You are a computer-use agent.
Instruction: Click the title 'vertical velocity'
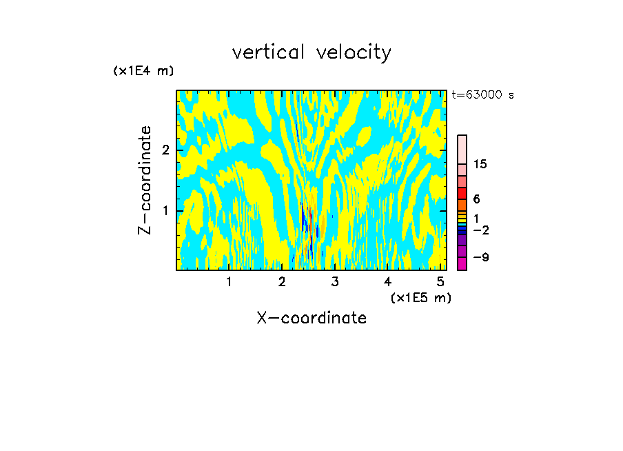(x=311, y=52)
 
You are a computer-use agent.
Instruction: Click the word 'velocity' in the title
(x=351, y=52)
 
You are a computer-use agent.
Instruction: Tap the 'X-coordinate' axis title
(x=311, y=318)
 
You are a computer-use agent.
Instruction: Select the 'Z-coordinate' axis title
(x=145, y=180)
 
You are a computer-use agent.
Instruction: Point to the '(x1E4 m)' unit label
(x=143, y=71)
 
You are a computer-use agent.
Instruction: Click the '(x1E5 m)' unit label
(x=420, y=297)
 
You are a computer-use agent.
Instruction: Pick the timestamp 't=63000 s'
(x=482, y=95)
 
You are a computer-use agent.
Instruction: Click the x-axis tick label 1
(x=229, y=281)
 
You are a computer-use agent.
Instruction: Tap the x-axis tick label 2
(x=282, y=281)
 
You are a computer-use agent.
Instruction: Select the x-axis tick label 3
(x=335, y=281)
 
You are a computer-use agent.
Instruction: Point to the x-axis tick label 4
(x=387, y=281)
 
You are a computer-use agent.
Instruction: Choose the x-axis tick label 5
(x=440, y=281)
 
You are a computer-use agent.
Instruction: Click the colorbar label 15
(x=480, y=164)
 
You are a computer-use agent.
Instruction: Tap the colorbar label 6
(x=476, y=199)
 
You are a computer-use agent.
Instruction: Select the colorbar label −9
(x=480, y=257)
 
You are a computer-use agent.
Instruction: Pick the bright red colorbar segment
(x=462, y=193)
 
